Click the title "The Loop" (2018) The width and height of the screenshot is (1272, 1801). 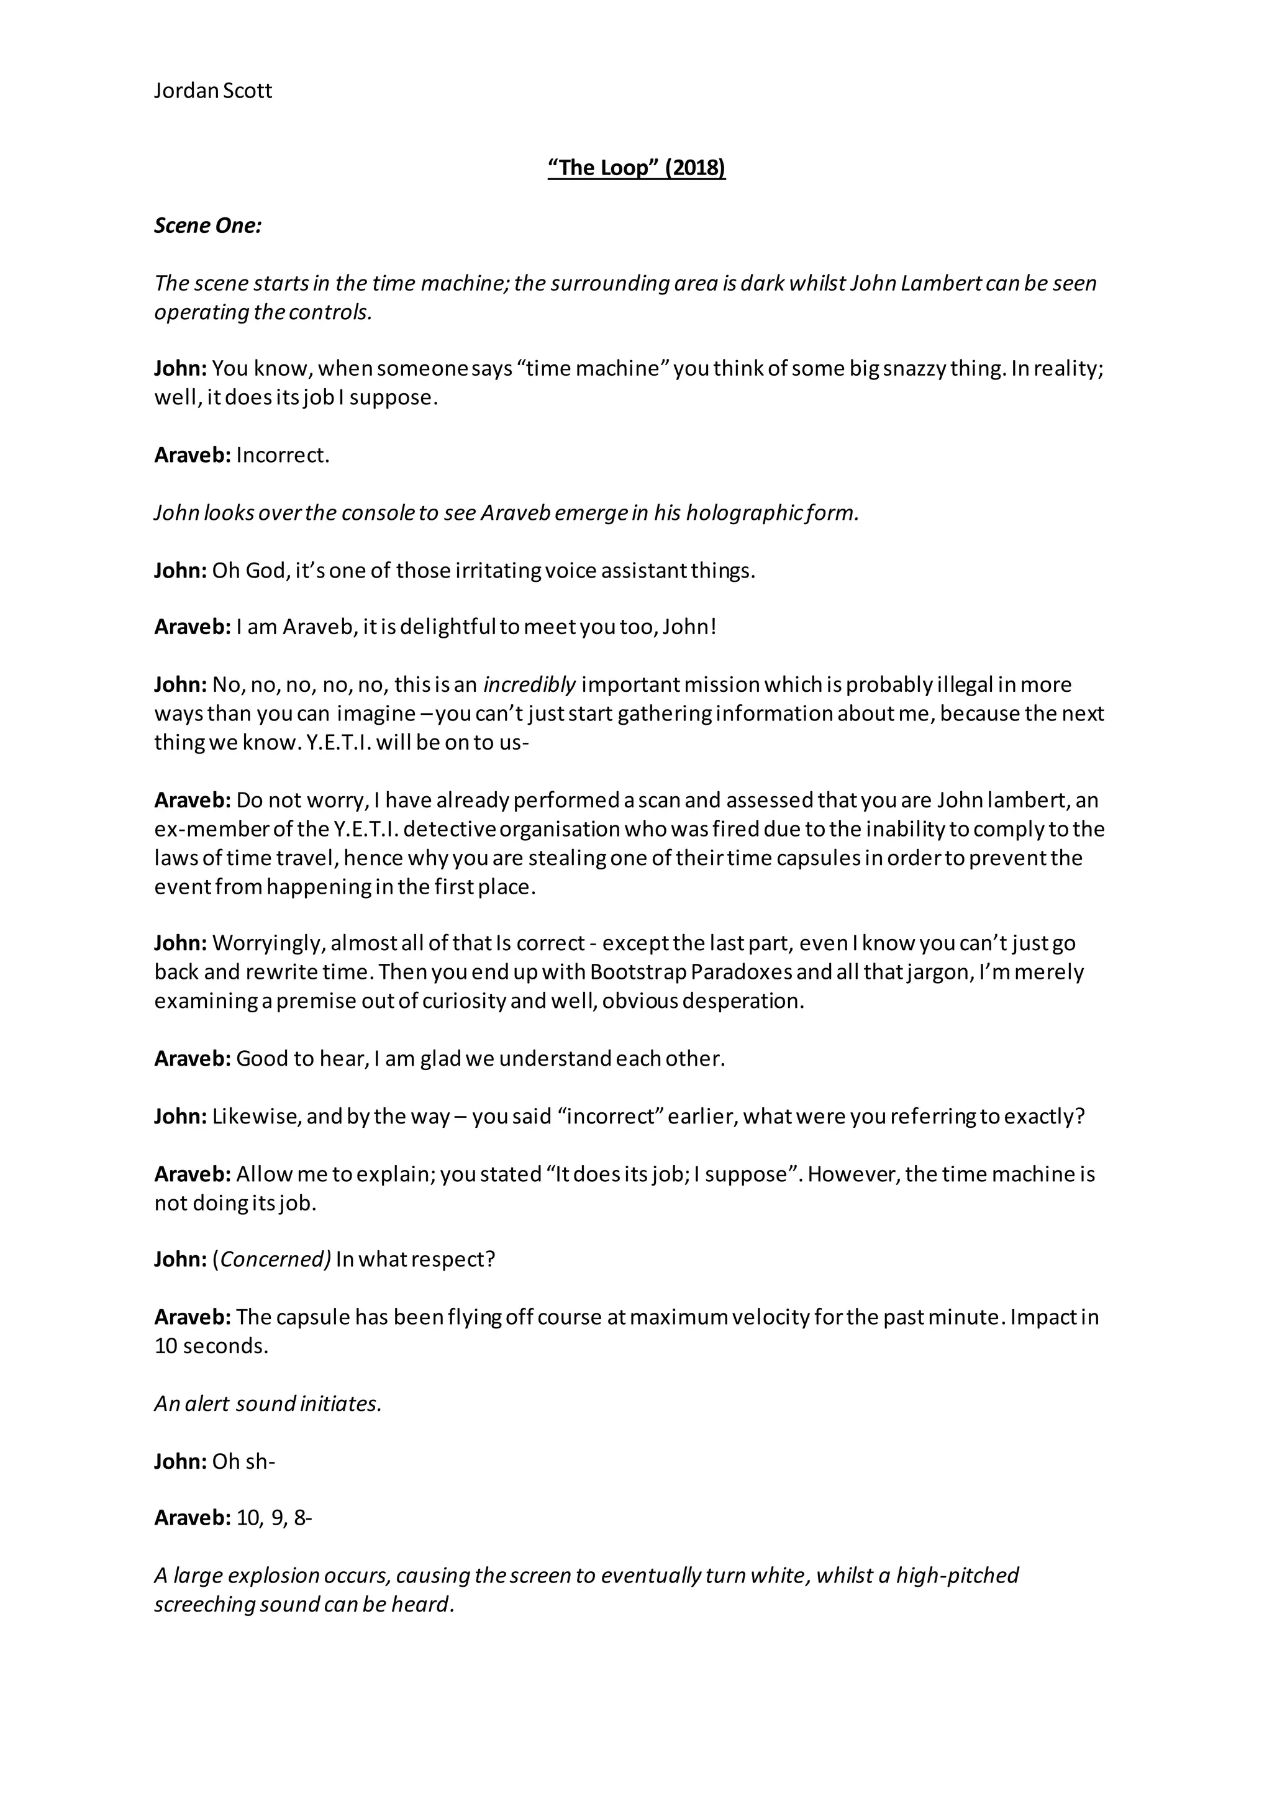pos(637,168)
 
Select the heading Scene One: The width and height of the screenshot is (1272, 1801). pos(208,226)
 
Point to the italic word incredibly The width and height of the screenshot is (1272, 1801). pos(530,685)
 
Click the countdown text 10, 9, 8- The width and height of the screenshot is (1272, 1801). pos(274,1518)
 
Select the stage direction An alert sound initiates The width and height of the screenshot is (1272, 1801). pos(268,1404)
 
